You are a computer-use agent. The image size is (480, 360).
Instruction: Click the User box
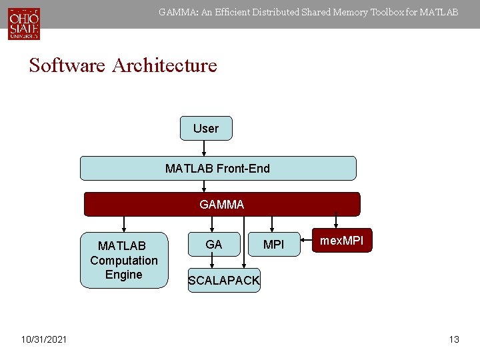click(206, 128)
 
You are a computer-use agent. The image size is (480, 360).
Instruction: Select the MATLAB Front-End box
click(218, 168)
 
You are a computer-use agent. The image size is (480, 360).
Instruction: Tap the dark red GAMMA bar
click(221, 205)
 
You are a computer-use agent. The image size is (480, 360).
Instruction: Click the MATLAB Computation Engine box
click(124, 260)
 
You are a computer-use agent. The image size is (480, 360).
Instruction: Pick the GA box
click(214, 245)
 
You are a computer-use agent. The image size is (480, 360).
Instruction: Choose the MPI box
click(273, 245)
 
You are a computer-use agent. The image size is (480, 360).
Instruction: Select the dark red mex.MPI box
click(342, 241)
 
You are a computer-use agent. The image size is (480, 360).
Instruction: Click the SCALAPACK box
click(224, 281)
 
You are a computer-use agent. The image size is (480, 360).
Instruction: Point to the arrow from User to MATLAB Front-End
click(204, 148)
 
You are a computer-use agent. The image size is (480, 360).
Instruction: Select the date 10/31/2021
click(43, 340)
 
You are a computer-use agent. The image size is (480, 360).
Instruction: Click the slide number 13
click(454, 340)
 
